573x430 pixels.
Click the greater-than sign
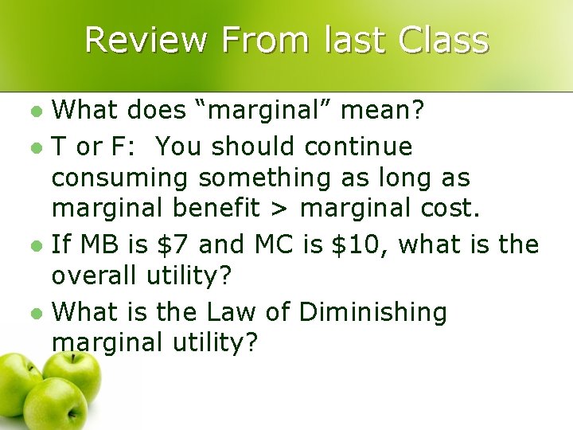281,209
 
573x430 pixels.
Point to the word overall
95,276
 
